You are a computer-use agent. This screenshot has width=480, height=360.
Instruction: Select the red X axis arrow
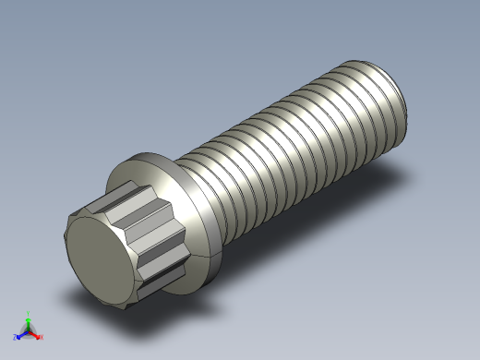pos(36,334)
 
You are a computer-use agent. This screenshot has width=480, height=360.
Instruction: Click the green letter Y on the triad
pos(28,313)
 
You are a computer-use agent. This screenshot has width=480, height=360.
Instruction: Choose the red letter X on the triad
pos(42,337)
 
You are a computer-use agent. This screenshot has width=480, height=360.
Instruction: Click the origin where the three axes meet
pos(28,330)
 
